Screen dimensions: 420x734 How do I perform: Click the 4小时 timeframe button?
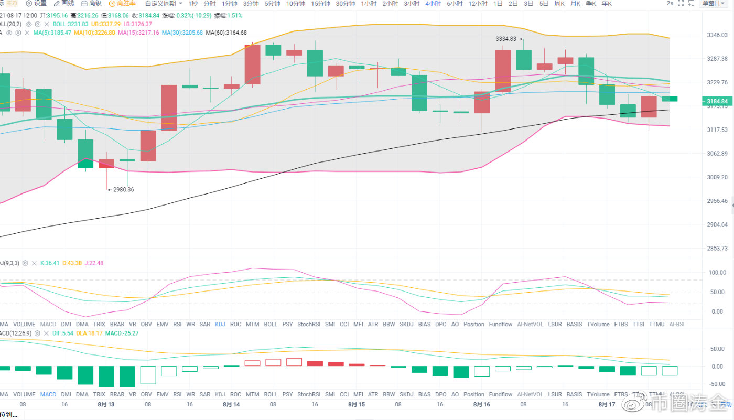[433, 4]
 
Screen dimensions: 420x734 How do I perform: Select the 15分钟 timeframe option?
[320, 4]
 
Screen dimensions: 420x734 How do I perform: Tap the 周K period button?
[559, 4]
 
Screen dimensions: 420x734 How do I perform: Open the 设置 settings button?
[37, 4]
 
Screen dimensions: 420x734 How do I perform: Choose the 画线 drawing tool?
[65, 4]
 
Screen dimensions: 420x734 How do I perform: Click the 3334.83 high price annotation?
[510, 39]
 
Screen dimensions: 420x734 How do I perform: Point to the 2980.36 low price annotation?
[121, 190]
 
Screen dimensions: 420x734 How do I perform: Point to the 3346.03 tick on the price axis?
[717, 35]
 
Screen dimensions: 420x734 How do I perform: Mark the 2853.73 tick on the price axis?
[717, 248]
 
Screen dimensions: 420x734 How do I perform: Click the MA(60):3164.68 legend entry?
[226, 33]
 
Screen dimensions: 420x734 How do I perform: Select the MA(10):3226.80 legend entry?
[94, 33]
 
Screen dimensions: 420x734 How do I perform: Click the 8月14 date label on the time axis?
[231, 404]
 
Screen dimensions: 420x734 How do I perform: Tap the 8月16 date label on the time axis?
[481, 404]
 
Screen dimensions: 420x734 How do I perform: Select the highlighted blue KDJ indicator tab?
[220, 324]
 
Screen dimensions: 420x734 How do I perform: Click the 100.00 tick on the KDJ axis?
[716, 273]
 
